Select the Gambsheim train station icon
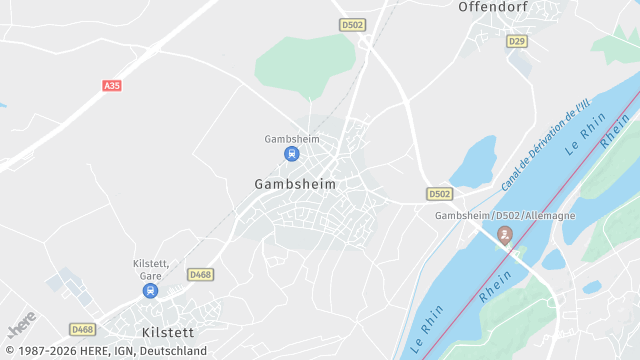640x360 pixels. click(291, 153)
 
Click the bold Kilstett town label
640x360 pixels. click(167, 331)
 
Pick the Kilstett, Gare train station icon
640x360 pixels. click(150, 291)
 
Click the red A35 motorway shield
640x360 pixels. click(112, 86)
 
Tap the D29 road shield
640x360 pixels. click(516, 41)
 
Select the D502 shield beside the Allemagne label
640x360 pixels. click(439, 193)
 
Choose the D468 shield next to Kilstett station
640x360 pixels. click(200, 274)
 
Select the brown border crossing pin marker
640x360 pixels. click(505, 236)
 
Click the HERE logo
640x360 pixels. click(22, 327)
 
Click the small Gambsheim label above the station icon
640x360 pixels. click(292, 139)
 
